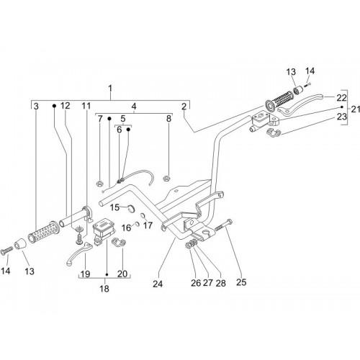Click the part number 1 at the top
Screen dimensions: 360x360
coord(110,89)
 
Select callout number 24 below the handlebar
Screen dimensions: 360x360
coord(158,284)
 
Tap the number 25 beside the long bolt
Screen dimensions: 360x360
coord(241,282)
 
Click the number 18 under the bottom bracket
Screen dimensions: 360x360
coord(104,289)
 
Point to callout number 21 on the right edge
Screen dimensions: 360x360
coord(356,109)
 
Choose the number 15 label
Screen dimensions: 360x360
coord(114,207)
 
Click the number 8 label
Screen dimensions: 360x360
coord(169,119)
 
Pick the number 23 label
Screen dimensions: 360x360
coord(342,117)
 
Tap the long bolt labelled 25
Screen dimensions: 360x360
coord(224,225)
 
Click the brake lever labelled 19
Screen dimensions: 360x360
coord(78,254)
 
